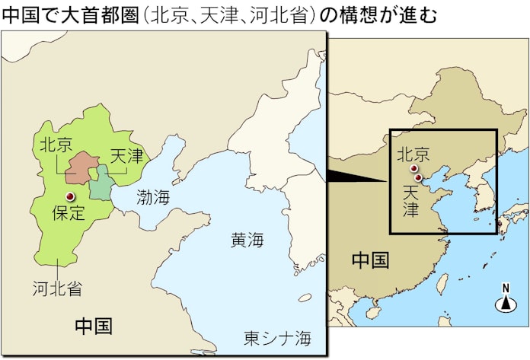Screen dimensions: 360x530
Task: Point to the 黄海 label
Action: (247, 241)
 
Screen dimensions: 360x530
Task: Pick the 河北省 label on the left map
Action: (57, 288)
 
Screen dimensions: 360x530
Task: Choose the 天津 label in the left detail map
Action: (127, 157)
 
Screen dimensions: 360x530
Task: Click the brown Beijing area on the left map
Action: (80, 168)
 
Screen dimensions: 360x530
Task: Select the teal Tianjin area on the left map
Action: (99, 184)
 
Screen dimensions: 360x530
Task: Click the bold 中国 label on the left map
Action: (94, 327)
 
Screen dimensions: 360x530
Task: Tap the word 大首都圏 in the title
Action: (112, 14)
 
